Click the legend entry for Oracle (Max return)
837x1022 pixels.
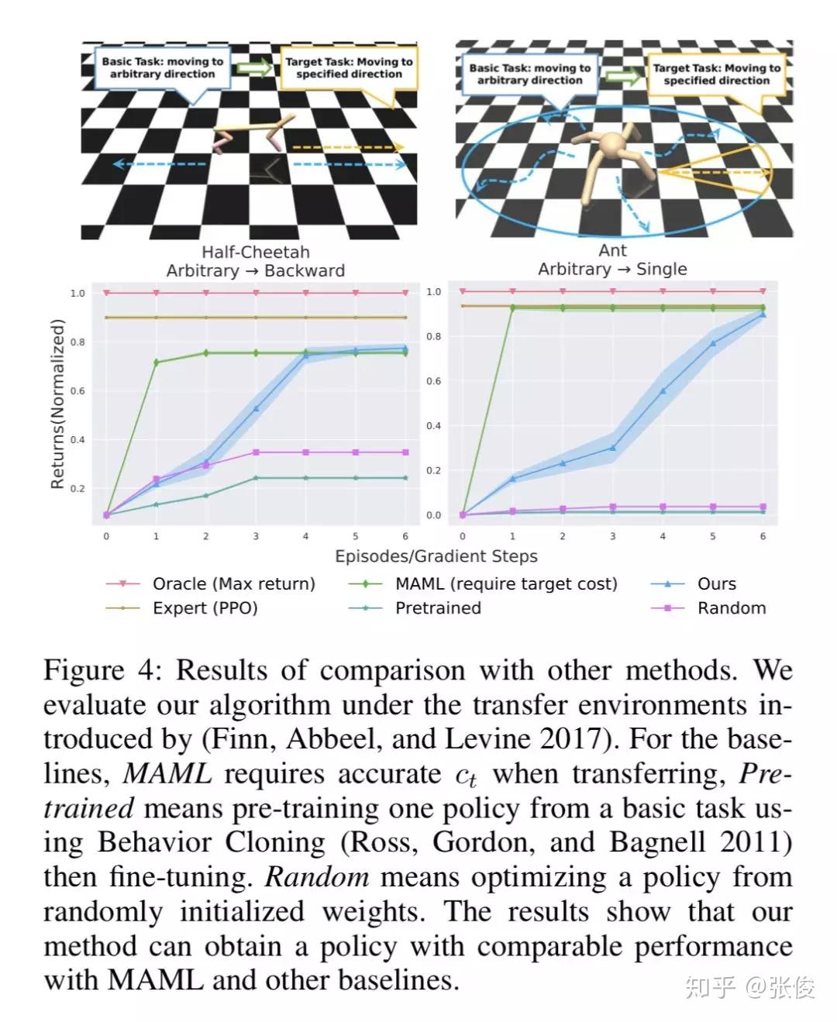pyautogui.click(x=233, y=583)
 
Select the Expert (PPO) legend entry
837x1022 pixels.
pyautogui.click(x=205, y=608)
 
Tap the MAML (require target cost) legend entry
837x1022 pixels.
pyautogui.click(x=506, y=583)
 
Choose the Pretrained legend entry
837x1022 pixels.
pyautogui.click(x=438, y=608)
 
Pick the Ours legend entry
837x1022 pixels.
pyautogui.click(x=716, y=583)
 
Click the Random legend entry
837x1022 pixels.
pyautogui.click(x=731, y=608)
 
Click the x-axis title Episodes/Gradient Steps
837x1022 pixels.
pyautogui.click(x=436, y=556)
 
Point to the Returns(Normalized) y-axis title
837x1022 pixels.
pyautogui.click(x=57, y=404)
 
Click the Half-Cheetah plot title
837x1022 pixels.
pyautogui.click(x=256, y=253)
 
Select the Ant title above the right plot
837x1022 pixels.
pyautogui.click(x=612, y=251)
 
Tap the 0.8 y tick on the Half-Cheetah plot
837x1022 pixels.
pyautogui.click(x=77, y=342)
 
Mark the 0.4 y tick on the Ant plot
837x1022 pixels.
pyautogui.click(x=434, y=426)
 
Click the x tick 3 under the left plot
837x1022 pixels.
pyautogui.click(x=256, y=536)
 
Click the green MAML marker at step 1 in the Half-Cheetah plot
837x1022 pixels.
pyautogui.click(x=157, y=362)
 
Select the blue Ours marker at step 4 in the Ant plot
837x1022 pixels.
pyautogui.click(x=663, y=391)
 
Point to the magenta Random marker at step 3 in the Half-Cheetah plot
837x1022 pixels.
pyautogui.click(x=256, y=452)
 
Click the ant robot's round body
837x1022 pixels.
pyautogui.click(x=613, y=145)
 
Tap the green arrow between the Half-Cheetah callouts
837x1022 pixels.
pyautogui.click(x=254, y=68)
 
